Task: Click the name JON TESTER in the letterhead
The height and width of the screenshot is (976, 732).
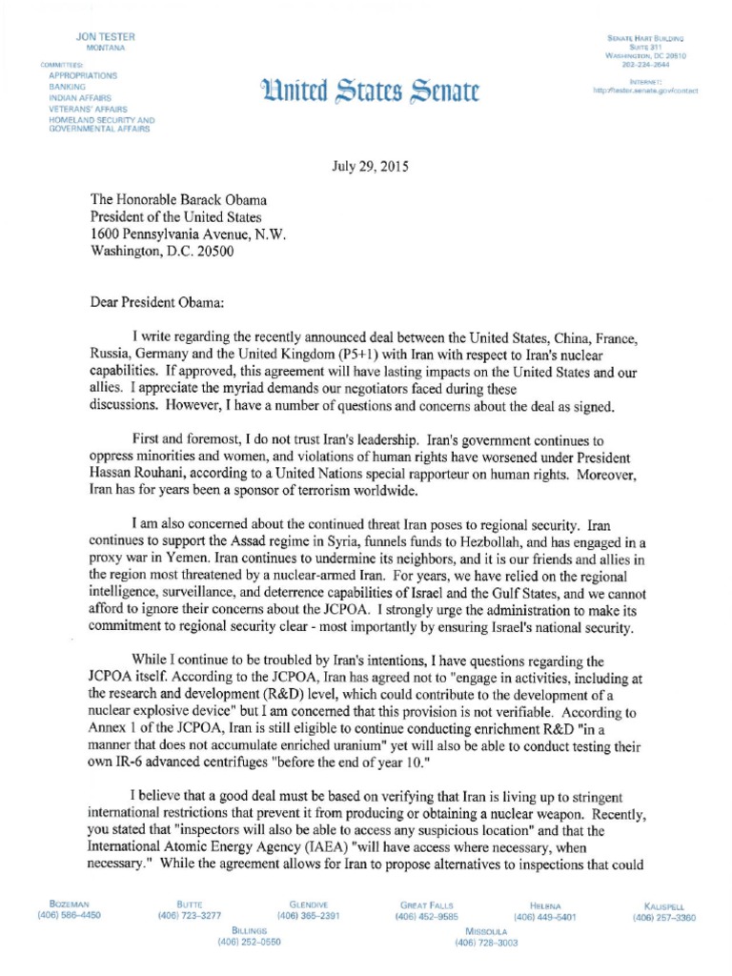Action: [106, 36]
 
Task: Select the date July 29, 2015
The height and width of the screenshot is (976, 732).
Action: [370, 166]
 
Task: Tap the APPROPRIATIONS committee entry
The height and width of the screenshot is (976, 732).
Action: [84, 74]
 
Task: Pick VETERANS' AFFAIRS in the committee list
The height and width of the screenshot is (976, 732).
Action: [88, 109]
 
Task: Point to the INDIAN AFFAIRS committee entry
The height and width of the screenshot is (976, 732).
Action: [80, 97]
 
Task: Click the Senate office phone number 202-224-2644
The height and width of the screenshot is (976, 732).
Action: [646, 65]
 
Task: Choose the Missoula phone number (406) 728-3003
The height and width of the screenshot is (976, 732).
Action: [486, 942]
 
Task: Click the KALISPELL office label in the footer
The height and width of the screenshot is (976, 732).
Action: [663, 905]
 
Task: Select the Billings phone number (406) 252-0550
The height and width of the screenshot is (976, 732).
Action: [250, 942]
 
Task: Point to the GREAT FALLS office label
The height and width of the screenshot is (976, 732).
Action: [427, 904]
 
